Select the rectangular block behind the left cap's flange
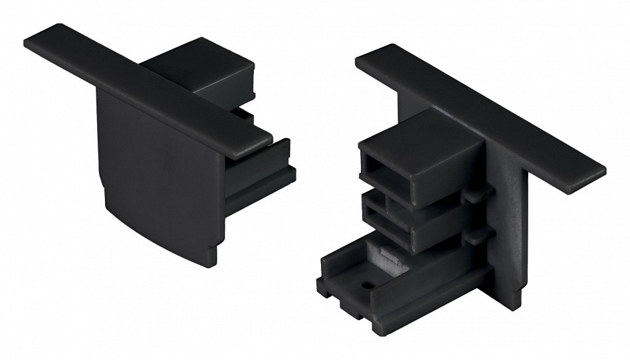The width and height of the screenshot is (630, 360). click(197, 66)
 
